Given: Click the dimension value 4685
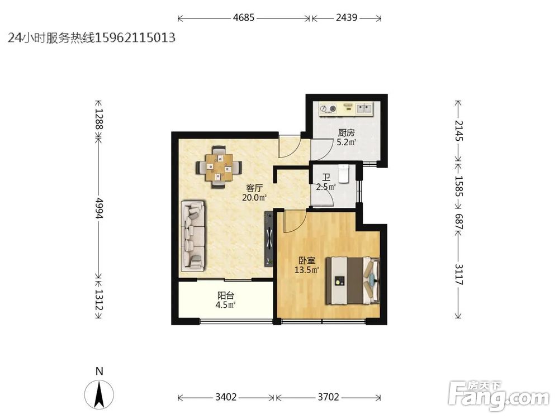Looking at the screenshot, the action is (x=244, y=17).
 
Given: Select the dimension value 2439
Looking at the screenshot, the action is (x=347, y=17).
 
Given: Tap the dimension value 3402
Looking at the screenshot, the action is (x=226, y=397).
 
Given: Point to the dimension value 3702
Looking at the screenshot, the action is (x=328, y=397).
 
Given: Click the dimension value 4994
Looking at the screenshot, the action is (x=99, y=208).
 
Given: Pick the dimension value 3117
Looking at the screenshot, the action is (x=459, y=274).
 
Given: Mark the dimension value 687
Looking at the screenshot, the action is (x=459, y=222).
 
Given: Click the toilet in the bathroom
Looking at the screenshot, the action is (x=343, y=174).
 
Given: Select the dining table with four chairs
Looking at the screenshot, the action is (x=219, y=166).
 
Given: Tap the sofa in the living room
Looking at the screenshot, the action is (x=193, y=236).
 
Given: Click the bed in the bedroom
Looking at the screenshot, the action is (x=353, y=280).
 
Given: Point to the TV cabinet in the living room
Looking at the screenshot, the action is (x=269, y=238).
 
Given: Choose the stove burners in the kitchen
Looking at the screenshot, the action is (x=328, y=108).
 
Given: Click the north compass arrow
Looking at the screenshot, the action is (x=99, y=394).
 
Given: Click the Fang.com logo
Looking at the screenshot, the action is (x=499, y=396).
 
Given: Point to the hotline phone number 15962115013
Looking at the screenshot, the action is (x=135, y=37).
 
